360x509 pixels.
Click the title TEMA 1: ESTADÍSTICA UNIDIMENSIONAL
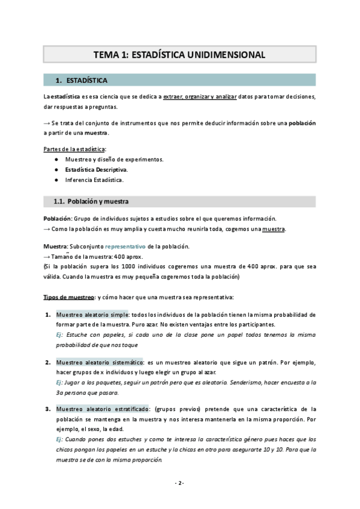(x=179, y=55)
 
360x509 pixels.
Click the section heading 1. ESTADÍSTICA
(x=86, y=80)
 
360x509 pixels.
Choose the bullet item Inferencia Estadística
(x=94, y=179)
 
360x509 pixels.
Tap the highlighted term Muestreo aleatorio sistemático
(x=100, y=363)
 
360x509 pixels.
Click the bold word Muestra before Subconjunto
(x=55, y=247)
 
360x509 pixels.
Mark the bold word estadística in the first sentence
(x=67, y=97)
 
